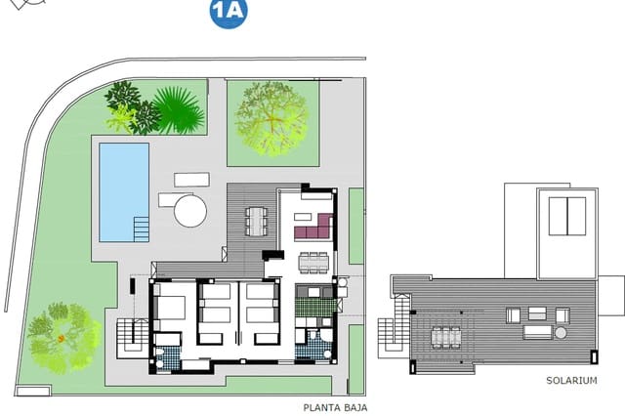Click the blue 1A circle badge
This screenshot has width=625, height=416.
coord(229,13)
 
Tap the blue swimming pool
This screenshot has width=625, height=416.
coord(124,187)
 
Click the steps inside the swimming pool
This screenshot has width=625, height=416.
coord(141,230)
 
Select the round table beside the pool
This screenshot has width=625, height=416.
coord(190,210)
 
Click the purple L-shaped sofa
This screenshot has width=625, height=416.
coord(312,229)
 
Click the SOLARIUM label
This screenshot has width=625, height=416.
coord(570,382)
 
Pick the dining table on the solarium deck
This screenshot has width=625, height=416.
coord(446,337)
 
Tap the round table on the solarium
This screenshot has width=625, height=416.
coord(561,333)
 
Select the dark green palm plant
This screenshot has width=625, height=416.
coord(179,110)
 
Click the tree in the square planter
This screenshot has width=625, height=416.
coord(271,117)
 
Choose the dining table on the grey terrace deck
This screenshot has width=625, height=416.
coord(256,221)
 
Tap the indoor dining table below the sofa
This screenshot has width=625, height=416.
coord(312,263)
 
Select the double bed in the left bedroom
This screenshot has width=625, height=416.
coord(172,308)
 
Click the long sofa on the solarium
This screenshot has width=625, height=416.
coord(537,332)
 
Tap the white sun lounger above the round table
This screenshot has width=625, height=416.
coord(191,181)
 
